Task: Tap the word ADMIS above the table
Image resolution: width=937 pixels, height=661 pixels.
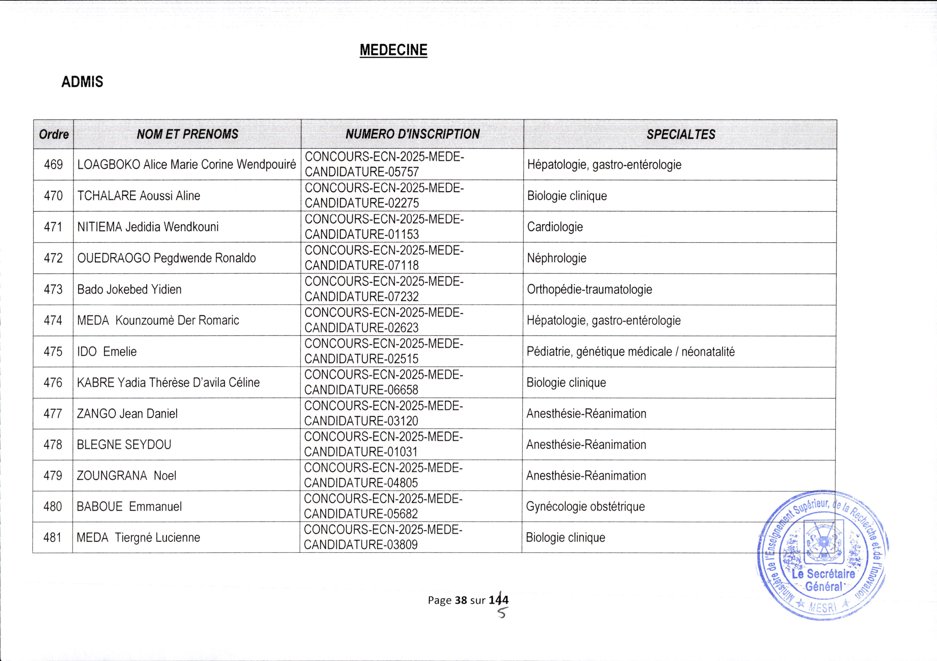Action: click(82, 82)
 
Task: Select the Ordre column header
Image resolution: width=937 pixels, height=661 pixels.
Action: click(53, 134)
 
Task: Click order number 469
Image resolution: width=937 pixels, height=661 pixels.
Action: click(53, 165)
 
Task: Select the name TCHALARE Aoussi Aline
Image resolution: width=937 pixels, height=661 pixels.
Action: click(139, 196)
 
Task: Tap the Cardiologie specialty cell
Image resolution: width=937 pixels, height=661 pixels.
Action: click(555, 227)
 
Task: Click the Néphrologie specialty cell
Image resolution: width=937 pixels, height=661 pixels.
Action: click(556, 258)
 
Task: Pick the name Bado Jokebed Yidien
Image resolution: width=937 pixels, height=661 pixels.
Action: click(129, 289)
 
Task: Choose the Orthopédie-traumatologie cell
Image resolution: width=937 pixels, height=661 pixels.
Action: click(589, 289)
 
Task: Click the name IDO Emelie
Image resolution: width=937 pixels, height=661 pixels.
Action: click(107, 351)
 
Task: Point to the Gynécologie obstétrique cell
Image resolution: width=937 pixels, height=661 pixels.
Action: click(585, 507)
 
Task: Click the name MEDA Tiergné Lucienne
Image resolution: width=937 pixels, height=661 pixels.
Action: click(138, 538)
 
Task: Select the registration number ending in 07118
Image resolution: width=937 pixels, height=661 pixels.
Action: click(384, 258)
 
